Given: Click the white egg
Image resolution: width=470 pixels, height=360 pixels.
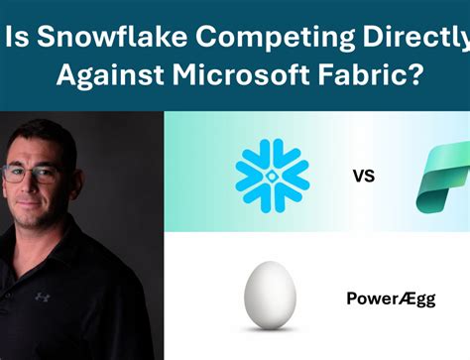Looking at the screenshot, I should click(271, 295).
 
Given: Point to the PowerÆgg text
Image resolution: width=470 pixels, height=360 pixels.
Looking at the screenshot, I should click(389, 298).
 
